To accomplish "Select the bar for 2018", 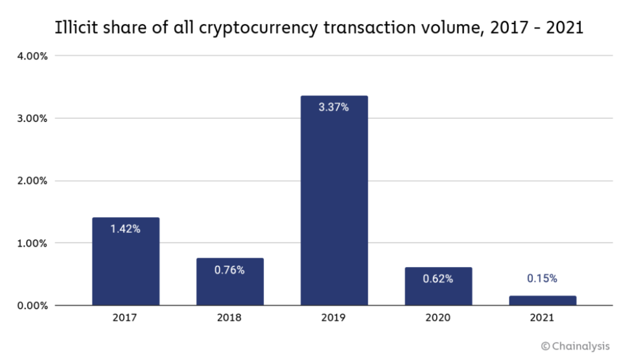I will [x=230, y=282].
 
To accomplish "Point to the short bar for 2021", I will [x=542, y=301].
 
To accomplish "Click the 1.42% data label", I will [x=125, y=229].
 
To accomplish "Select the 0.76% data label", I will [x=230, y=270].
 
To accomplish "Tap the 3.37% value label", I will [x=334, y=107].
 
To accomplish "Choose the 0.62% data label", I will [x=438, y=278].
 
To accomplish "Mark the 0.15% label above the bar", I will [x=542, y=278].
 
